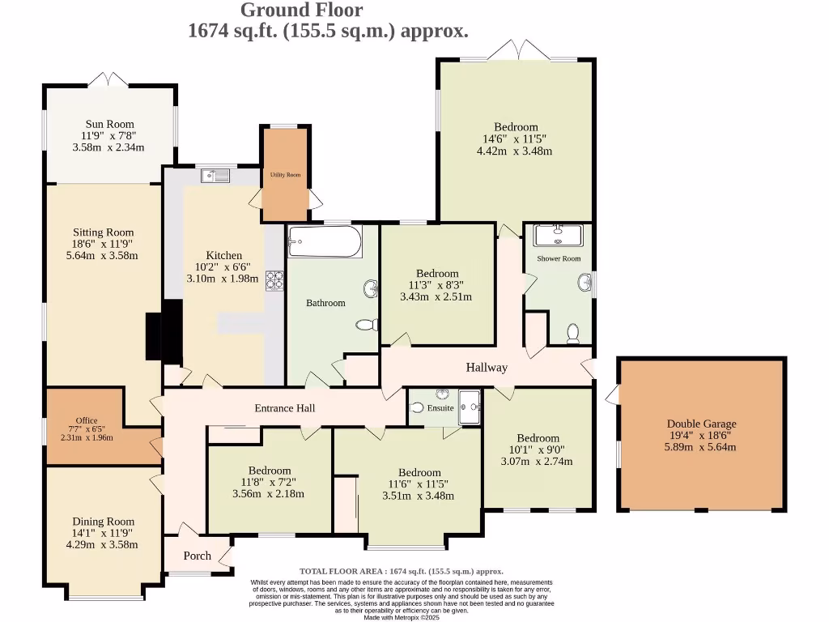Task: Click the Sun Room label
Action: point(108,124)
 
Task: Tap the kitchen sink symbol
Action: point(217,173)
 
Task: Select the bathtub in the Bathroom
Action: point(325,241)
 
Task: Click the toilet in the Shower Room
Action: point(573,332)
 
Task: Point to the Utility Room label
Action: point(285,175)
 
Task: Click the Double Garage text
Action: point(701,424)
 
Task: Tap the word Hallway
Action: point(487,367)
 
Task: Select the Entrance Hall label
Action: point(284,408)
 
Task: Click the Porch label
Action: point(197,556)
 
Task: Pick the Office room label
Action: point(86,420)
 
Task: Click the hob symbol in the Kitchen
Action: point(275,280)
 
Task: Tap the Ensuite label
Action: point(440,408)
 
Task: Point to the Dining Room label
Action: point(104,522)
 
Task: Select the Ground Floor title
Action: point(302,10)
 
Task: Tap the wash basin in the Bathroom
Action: point(370,287)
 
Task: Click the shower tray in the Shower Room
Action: point(558,235)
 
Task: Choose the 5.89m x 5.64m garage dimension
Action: point(701,447)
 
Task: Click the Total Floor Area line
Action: point(401,571)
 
